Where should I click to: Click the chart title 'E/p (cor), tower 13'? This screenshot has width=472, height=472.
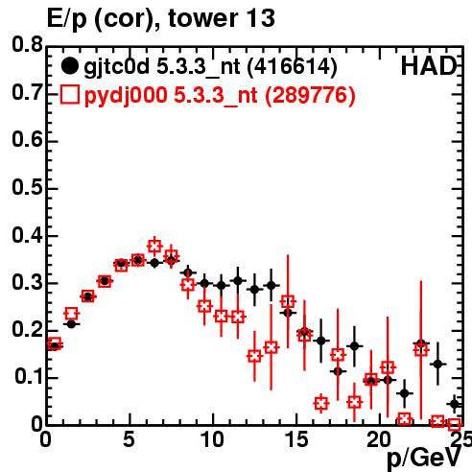[161, 18]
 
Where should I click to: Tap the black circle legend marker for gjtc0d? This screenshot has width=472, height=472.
[69, 66]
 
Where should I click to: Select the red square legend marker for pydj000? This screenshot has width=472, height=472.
[69, 95]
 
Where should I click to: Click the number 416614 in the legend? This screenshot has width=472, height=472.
[293, 66]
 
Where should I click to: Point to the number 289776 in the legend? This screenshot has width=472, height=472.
[310, 95]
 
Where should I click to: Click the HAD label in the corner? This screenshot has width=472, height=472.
[429, 66]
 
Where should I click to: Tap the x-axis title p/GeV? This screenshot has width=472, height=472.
[424, 458]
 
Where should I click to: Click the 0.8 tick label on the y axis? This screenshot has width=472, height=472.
[27, 44]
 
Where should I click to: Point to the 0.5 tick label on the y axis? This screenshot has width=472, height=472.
[27, 187]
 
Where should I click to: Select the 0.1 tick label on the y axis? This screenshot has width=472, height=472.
[29, 376]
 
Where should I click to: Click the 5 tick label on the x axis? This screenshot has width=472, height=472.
[129, 439]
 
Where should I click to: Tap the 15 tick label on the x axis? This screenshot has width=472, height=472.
[297, 439]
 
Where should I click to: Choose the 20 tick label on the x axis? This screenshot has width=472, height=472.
[380, 439]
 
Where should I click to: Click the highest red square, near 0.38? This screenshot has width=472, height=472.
[154, 247]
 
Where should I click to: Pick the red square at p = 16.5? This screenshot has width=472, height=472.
[321, 404]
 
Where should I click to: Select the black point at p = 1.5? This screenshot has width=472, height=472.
[71, 324]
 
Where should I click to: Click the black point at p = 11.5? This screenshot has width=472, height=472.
[238, 281]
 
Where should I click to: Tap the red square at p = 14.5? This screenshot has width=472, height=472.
[288, 301]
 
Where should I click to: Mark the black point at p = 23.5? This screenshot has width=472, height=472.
[437, 364]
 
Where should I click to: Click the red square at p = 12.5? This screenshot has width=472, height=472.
[254, 356]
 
